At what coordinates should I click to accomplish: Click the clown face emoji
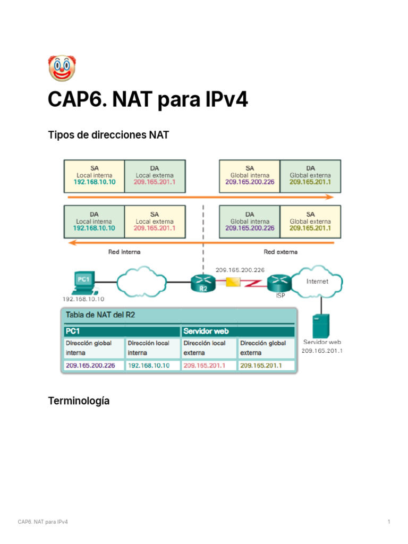click(x=62, y=68)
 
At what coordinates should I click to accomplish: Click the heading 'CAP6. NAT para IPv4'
click(x=148, y=99)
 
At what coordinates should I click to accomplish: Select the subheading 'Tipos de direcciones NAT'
click(x=108, y=135)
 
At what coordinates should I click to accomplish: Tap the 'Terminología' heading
click(x=79, y=401)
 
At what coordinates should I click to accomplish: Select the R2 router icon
click(x=202, y=283)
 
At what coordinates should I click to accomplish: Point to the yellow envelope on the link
click(x=233, y=283)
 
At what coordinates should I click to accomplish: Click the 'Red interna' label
click(x=124, y=252)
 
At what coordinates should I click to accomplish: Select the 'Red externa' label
click(x=280, y=252)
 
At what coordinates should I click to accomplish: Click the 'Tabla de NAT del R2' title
click(x=100, y=315)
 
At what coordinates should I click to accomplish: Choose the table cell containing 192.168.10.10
click(x=148, y=365)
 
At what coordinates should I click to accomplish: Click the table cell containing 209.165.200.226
click(x=90, y=365)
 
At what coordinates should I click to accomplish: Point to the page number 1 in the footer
click(x=389, y=522)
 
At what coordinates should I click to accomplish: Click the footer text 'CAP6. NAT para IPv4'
click(x=42, y=522)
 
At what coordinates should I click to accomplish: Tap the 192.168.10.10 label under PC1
click(x=84, y=299)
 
